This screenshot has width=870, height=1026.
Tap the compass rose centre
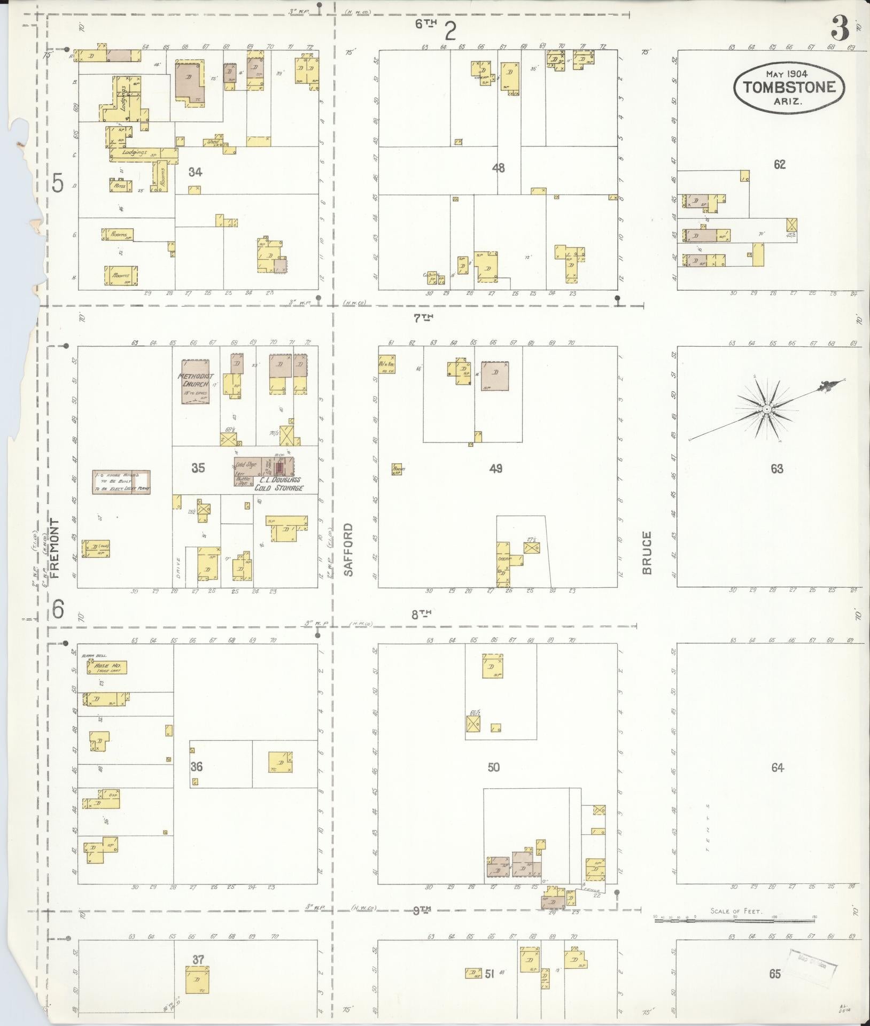point(766,409)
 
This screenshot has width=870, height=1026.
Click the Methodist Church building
point(195,381)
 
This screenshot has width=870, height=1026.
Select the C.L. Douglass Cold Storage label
point(278,484)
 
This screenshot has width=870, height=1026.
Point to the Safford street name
point(348,549)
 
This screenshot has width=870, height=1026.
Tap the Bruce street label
point(647,553)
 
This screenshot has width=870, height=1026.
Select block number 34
point(196,172)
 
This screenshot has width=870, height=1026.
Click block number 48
point(498,168)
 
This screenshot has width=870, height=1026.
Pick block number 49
point(496,469)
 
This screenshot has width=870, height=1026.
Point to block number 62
point(779,165)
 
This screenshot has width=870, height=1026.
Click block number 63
point(777,469)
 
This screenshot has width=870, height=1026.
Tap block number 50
point(493,767)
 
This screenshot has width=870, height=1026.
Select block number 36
point(197,767)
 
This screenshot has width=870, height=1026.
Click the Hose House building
point(107,667)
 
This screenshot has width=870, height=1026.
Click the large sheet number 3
point(840,29)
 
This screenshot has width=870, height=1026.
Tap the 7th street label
point(423,318)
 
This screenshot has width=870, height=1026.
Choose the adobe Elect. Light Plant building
point(122,482)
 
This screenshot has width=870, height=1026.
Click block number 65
point(775,974)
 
